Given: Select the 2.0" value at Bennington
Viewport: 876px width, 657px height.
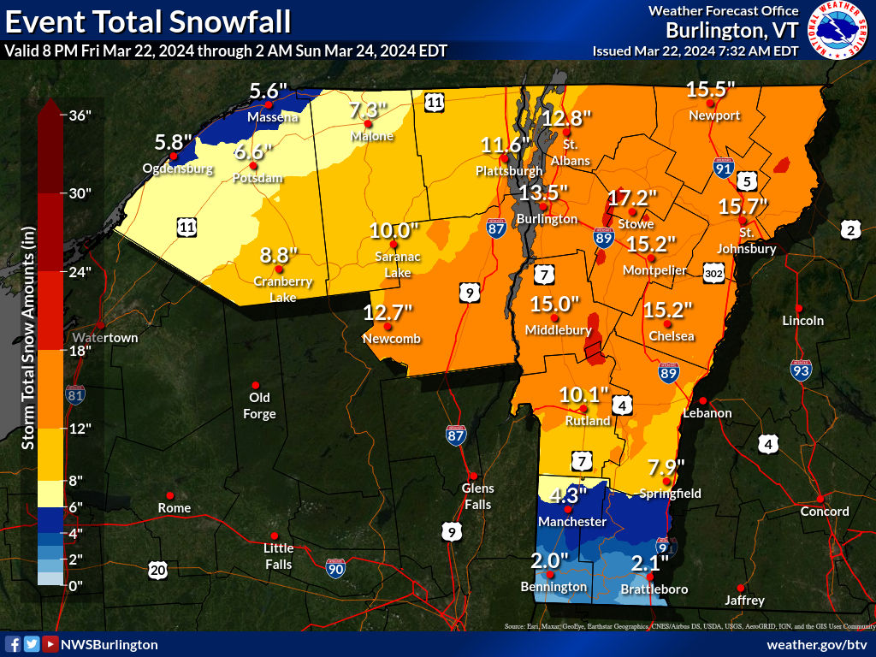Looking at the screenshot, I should (x=549, y=560).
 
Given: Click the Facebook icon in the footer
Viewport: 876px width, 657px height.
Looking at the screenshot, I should (x=13, y=644).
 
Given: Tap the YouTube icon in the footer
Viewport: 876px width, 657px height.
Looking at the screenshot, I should (x=50, y=644).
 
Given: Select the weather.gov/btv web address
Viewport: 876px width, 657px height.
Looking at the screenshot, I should (x=817, y=644).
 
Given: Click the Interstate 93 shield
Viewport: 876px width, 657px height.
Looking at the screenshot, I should (x=800, y=370).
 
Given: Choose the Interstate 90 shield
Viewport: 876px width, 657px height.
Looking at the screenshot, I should (x=336, y=567).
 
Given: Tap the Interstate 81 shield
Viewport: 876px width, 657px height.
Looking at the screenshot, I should (x=74, y=395).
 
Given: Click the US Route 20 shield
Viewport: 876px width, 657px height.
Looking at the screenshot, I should (x=157, y=570).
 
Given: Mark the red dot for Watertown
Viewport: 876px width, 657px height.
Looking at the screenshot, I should (x=100, y=325).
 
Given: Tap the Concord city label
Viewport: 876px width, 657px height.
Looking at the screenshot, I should (x=824, y=512).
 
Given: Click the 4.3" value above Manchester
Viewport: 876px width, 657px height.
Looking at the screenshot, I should (x=568, y=495).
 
